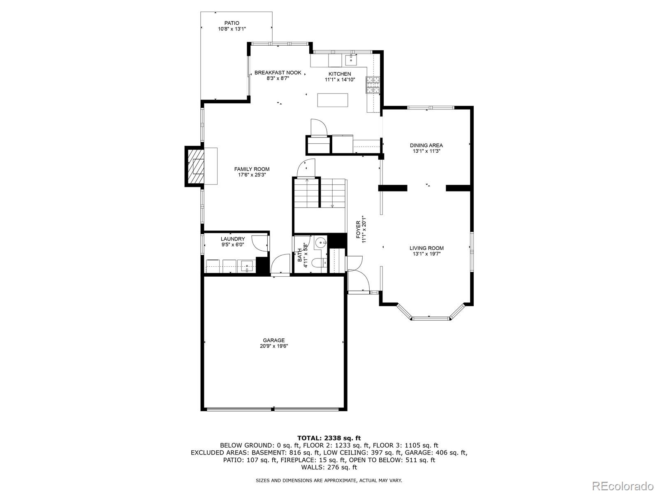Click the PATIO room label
(x=232, y=23)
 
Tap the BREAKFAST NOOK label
(x=278, y=72)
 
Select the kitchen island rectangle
(x=333, y=100)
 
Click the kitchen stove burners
(x=373, y=85)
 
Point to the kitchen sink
(x=351, y=60)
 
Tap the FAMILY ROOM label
(x=252, y=169)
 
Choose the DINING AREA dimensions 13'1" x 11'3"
(x=426, y=151)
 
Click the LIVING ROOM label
(x=426, y=248)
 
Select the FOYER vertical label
(x=358, y=230)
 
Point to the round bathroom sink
(x=321, y=242)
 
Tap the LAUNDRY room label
(x=233, y=239)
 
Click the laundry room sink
(x=247, y=266)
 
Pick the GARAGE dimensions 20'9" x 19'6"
(x=274, y=346)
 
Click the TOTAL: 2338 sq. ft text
(x=329, y=438)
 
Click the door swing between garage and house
(x=280, y=263)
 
